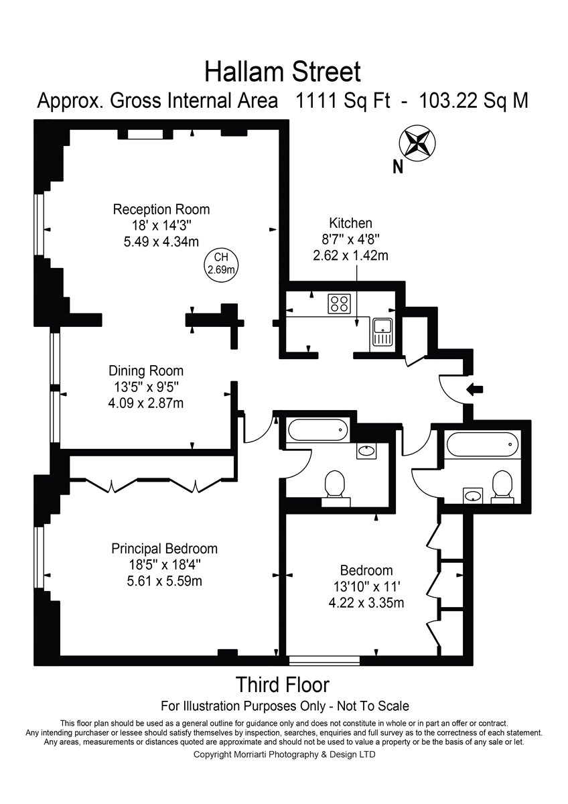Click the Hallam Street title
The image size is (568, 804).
283,72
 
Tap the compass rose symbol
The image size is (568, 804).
417,143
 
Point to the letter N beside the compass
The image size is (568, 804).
398,167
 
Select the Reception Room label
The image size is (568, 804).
161,209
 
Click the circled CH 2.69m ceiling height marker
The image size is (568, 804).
222,263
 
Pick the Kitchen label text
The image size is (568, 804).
350,223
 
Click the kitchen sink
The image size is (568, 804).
383,333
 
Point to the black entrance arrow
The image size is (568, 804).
475,389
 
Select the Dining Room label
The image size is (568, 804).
146,371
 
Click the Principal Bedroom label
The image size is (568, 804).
164,549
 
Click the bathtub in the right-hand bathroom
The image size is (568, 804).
482,445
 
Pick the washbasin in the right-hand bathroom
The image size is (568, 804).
474,496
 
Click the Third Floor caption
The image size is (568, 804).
283,685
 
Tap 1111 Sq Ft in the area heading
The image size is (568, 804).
342,101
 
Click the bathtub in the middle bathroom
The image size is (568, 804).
317,430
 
